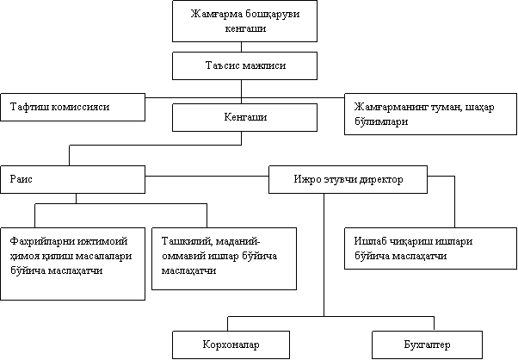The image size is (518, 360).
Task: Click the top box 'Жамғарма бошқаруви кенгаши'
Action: [244, 21]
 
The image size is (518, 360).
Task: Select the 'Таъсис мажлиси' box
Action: [244, 65]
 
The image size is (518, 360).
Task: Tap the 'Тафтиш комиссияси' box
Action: [72, 107]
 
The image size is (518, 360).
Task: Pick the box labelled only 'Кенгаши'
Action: [244, 117]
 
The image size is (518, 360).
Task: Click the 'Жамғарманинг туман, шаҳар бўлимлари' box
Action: [430, 114]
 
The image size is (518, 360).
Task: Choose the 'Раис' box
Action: [72, 179]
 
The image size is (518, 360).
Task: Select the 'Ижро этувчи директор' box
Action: [348, 179]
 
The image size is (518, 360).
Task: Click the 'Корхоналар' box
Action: [231, 344]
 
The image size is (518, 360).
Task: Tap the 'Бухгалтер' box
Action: [427, 344]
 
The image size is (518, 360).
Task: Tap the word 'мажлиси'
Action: [264, 65]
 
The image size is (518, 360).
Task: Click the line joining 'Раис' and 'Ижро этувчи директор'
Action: [207, 176]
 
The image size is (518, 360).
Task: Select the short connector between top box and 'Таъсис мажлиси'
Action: [241, 47]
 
